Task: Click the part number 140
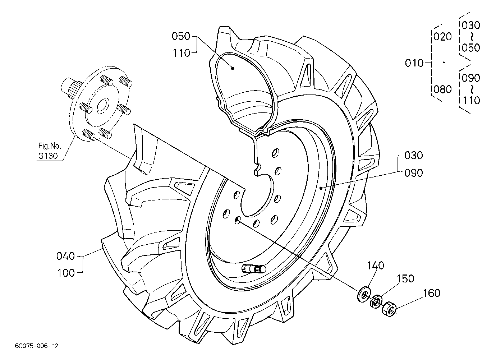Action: (x=376, y=266)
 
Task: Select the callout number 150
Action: (x=405, y=279)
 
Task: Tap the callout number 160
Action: (x=432, y=293)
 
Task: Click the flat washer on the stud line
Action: (x=363, y=294)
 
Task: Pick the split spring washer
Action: (x=376, y=301)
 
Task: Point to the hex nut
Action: (x=389, y=309)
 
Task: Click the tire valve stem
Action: (x=254, y=269)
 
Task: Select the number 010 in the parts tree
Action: (x=414, y=63)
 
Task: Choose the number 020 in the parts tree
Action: (x=442, y=37)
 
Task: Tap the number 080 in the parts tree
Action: (x=442, y=89)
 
